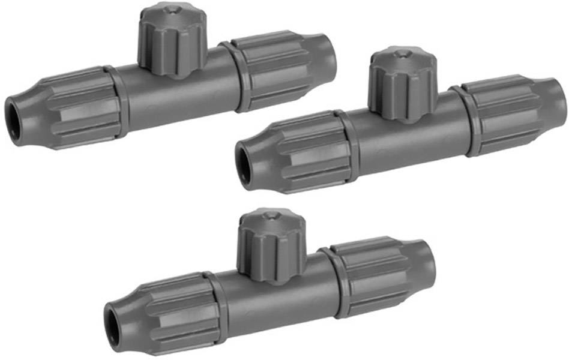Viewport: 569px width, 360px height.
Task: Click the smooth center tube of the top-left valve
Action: point(180,90)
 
